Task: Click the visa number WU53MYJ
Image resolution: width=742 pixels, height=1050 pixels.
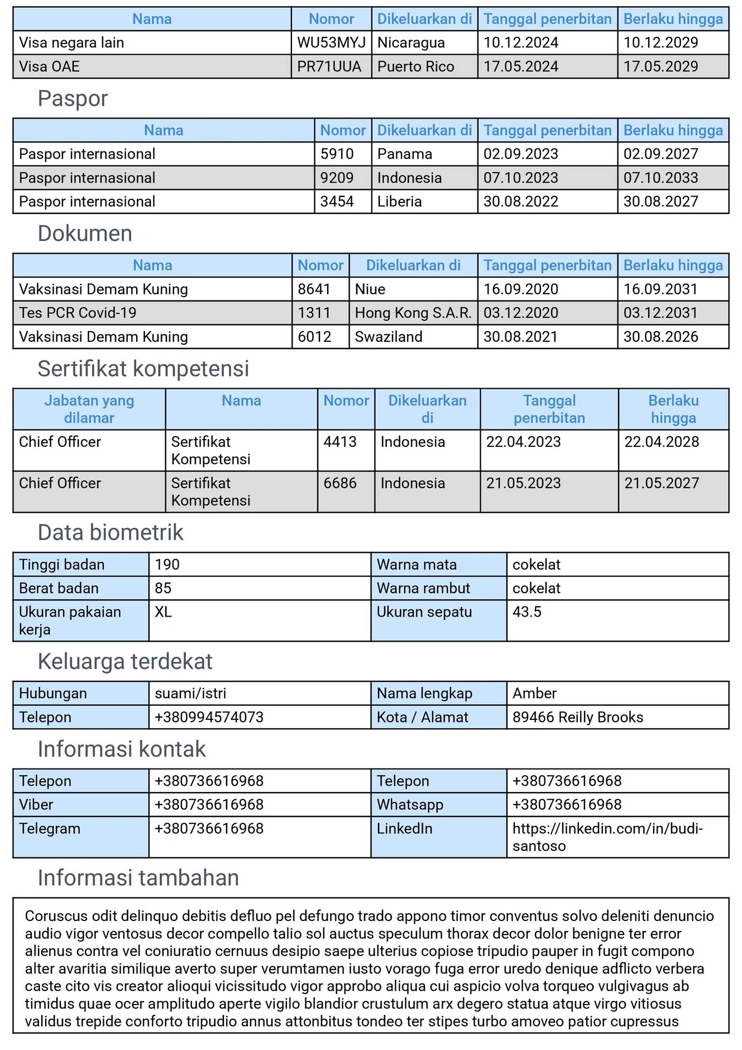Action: [331, 43]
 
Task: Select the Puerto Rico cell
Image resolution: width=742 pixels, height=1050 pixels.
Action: [415, 66]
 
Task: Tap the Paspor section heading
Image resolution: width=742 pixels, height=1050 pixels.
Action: [73, 98]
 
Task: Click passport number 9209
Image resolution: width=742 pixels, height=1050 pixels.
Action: [337, 178]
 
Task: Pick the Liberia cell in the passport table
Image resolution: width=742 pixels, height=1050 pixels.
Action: [399, 202]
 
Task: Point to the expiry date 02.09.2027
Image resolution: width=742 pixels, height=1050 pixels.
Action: [660, 154]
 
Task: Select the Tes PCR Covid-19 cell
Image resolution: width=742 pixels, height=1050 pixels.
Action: [78, 313]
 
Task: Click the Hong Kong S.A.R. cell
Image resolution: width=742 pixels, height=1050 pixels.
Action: [413, 313]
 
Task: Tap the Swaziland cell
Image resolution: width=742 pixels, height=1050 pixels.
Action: [389, 337]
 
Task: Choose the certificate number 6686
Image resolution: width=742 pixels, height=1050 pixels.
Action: [340, 483]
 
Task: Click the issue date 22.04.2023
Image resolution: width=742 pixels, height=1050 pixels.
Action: [523, 442]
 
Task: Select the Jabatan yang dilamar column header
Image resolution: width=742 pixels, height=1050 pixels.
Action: [89, 409]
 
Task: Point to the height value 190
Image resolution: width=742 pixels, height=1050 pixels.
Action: [167, 565]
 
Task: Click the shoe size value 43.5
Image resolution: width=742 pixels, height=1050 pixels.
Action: [527, 612]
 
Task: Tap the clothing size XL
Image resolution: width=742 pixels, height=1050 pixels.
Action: [163, 612]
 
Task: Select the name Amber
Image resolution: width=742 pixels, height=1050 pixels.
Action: [534, 694]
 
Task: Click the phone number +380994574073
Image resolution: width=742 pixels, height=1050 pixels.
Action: [209, 717]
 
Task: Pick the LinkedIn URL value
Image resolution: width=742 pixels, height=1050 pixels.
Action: [607, 837]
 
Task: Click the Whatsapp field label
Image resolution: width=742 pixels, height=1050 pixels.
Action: [410, 805]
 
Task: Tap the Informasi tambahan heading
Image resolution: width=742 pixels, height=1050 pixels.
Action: [138, 878]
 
